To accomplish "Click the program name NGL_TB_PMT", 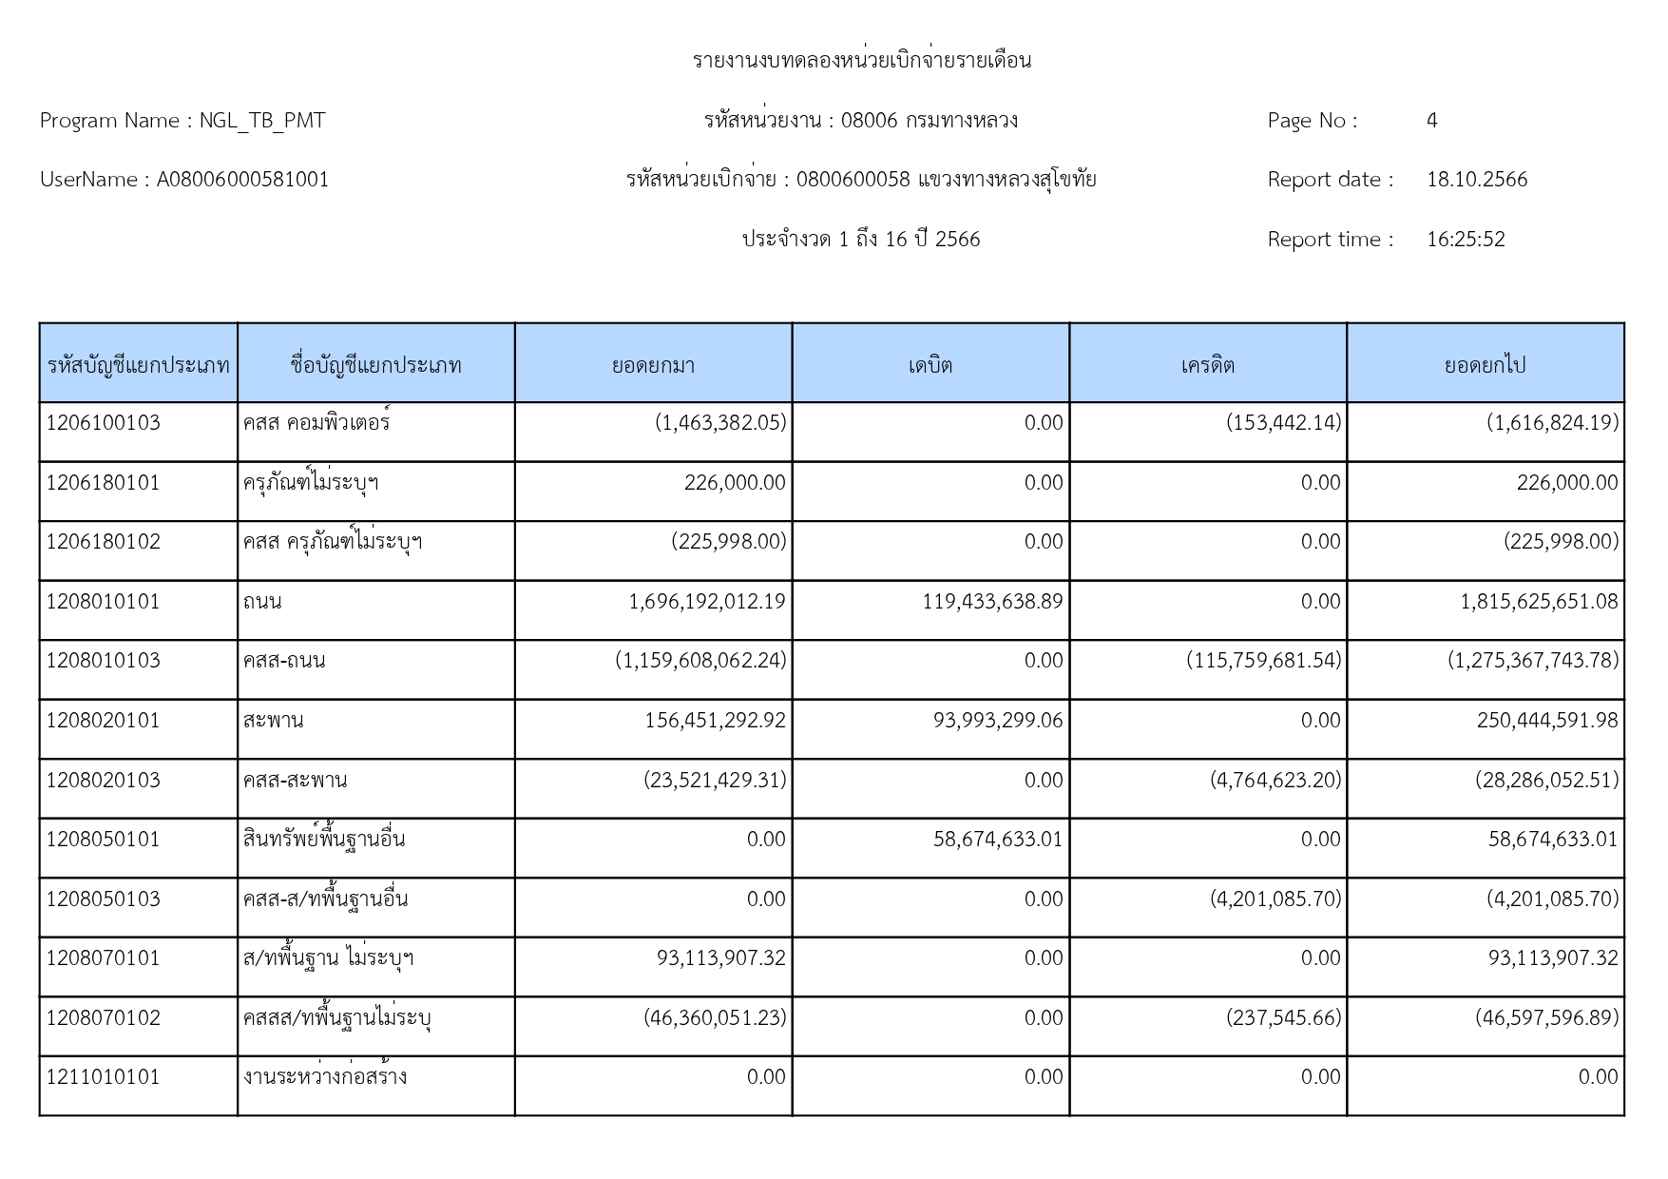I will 261,121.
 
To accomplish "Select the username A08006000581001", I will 242,180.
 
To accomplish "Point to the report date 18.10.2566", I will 1476,180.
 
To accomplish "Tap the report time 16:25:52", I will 1466,240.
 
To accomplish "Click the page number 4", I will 1431,121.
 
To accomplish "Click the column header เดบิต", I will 930,365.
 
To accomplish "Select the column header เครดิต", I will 1207,365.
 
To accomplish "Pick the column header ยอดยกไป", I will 1485,365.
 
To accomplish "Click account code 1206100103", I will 104,423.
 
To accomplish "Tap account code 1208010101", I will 104,602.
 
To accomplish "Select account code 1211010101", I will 104,1077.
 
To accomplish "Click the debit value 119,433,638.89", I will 992,602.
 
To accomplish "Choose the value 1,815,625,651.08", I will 1539,602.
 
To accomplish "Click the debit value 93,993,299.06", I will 998,721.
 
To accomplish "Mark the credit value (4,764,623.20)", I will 1275,781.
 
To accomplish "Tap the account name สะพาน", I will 273,721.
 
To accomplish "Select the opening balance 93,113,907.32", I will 720,958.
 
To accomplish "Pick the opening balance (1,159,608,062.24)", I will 700,661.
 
